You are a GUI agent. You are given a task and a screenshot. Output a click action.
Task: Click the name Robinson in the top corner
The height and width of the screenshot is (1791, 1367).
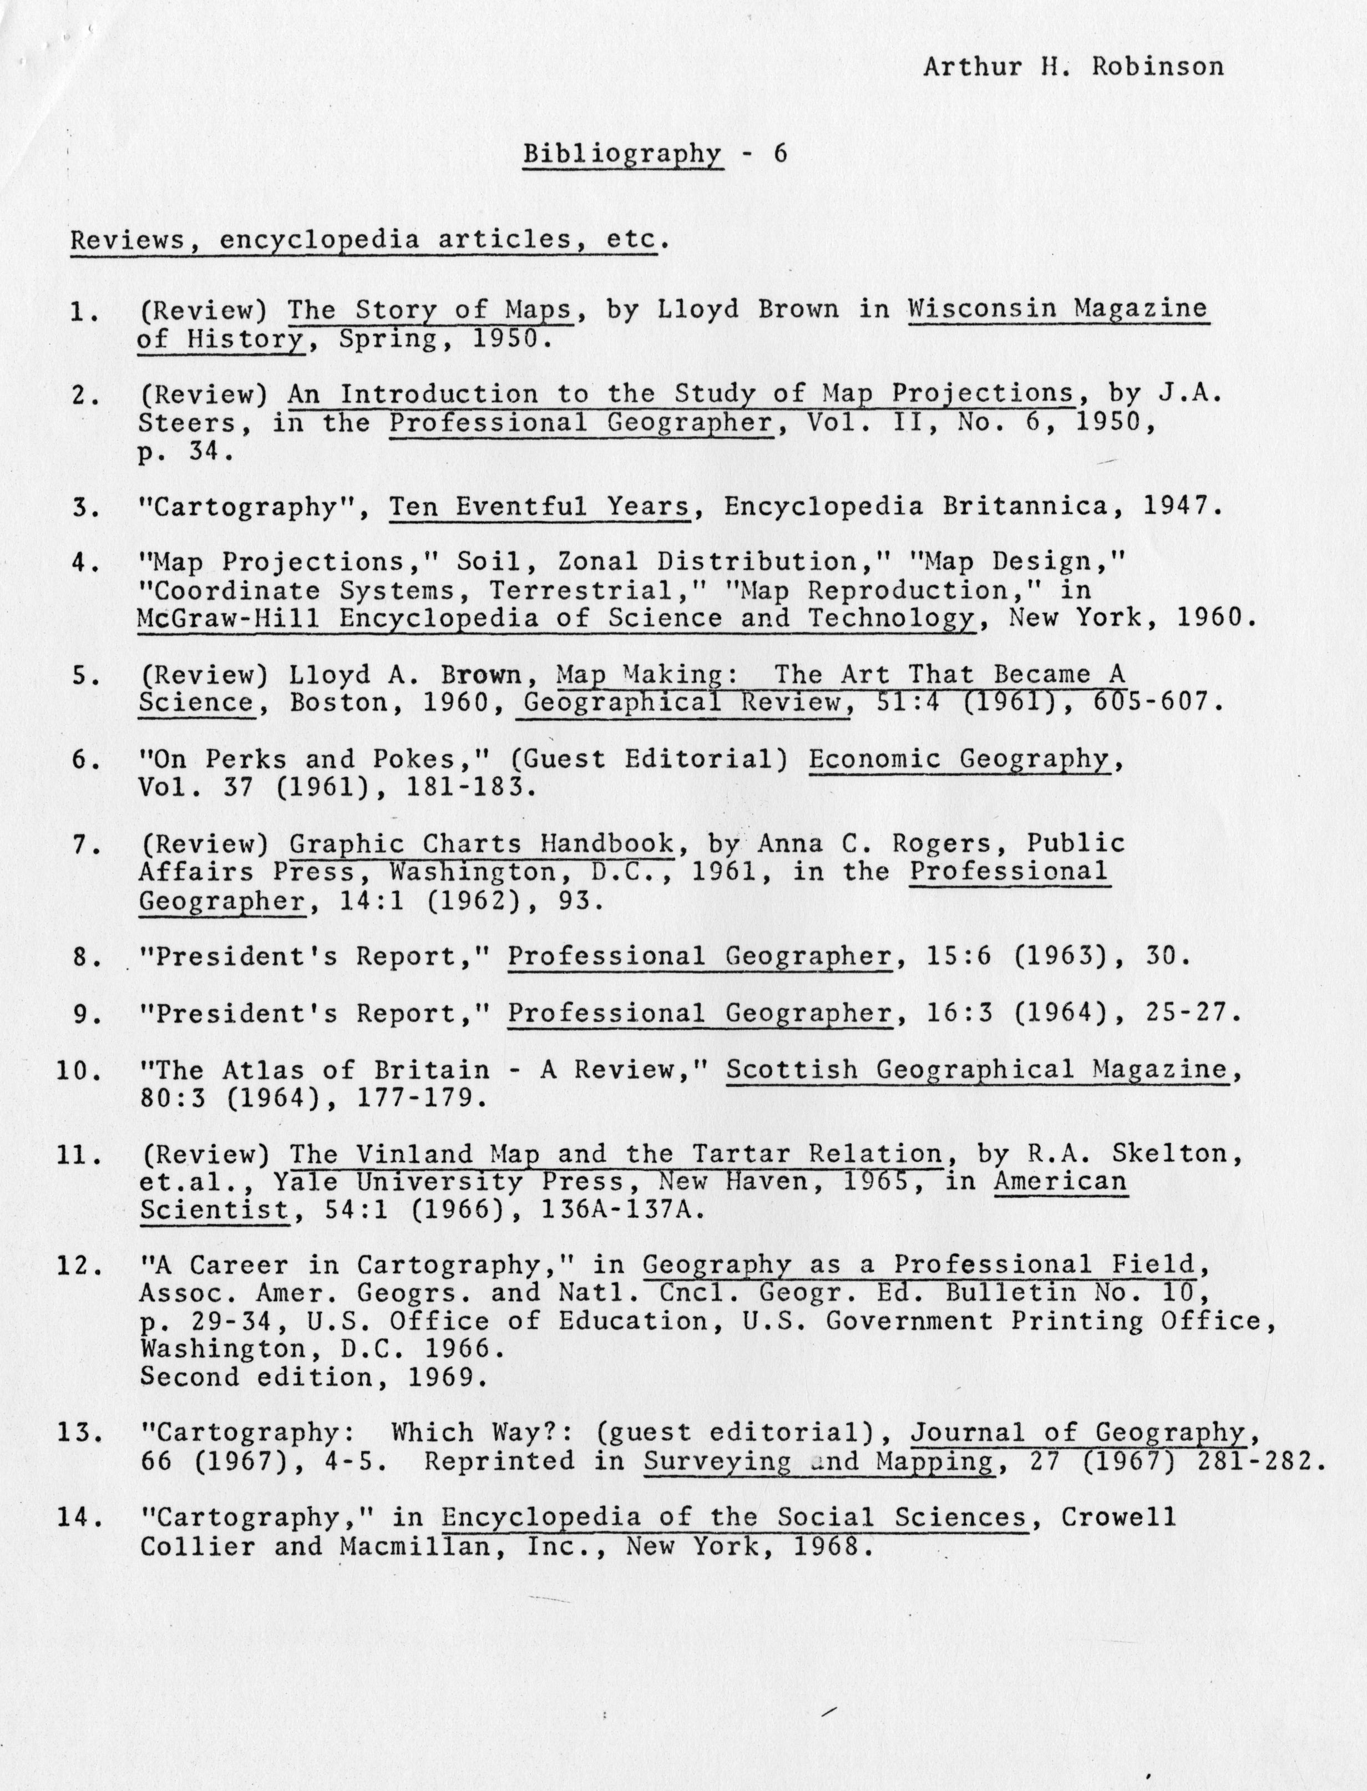1157,67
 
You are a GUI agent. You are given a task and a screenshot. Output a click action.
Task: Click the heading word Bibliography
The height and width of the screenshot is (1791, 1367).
622,154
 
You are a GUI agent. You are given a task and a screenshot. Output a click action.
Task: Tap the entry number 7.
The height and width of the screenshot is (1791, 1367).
82,846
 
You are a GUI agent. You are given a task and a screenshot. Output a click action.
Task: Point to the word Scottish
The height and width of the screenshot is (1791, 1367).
791,1070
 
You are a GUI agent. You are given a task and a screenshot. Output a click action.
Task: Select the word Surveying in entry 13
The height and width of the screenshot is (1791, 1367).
716,1461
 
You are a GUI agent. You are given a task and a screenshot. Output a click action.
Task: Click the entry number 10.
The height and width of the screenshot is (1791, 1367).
77,1070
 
